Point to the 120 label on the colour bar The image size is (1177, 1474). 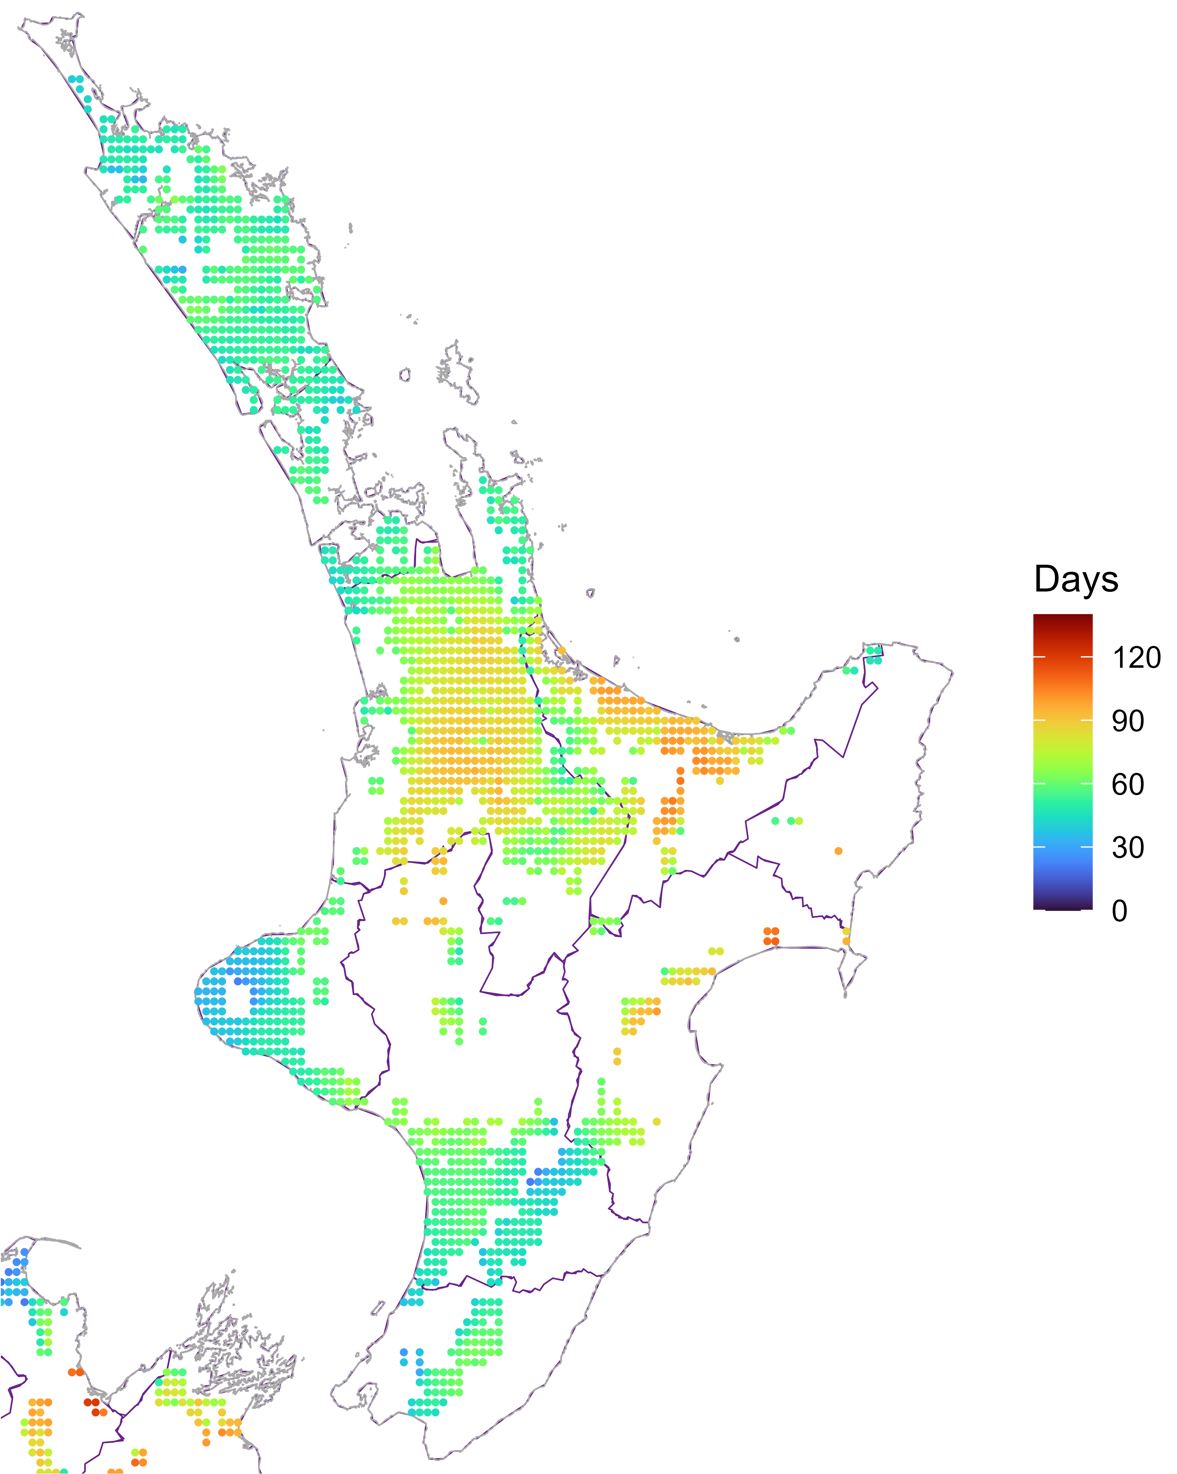1136,658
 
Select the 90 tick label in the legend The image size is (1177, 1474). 1127,721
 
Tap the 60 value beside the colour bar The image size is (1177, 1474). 1127,784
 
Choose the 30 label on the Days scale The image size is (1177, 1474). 1127,848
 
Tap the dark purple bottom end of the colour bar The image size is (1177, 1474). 1062,906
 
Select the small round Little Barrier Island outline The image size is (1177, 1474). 405,374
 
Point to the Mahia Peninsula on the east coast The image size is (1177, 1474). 852,967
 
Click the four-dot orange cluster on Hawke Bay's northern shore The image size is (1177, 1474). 771,936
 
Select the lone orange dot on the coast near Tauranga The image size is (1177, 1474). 561,650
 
